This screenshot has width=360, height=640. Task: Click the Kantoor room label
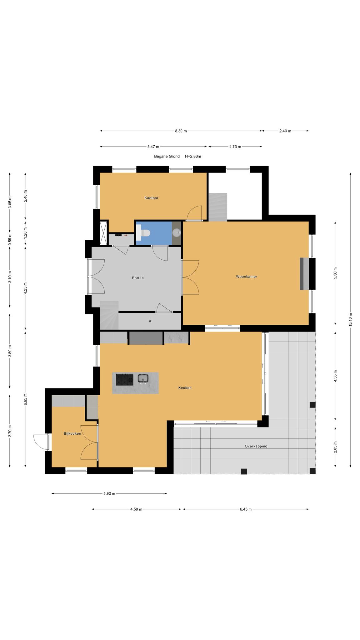[x=151, y=198]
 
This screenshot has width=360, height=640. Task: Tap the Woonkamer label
[x=247, y=277]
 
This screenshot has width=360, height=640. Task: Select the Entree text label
[x=138, y=278]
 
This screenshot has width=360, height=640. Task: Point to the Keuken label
[x=185, y=388]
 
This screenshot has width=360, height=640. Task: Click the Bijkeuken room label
[x=72, y=433]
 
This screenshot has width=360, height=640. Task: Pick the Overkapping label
[x=256, y=446]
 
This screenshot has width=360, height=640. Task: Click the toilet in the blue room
[x=144, y=233]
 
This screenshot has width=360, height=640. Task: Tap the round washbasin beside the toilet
[x=177, y=232]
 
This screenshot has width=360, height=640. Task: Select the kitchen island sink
[x=143, y=378]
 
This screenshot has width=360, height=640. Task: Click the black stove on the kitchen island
[x=125, y=379]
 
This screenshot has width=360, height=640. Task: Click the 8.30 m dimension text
[x=181, y=131]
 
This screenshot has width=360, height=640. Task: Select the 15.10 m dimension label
[x=350, y=320]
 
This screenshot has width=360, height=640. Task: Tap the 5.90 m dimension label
[x=109, y=493]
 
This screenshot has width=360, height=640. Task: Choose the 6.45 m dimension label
[x=246, y=509]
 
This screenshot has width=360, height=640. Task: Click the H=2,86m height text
[x=193, y=156]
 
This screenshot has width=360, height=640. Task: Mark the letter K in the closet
[x=150, y=321]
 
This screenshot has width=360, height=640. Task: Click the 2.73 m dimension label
[x=235, y=147]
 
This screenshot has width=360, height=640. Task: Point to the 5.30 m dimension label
[x=335, y=273]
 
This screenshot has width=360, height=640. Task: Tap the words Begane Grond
[x=167, y=156]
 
